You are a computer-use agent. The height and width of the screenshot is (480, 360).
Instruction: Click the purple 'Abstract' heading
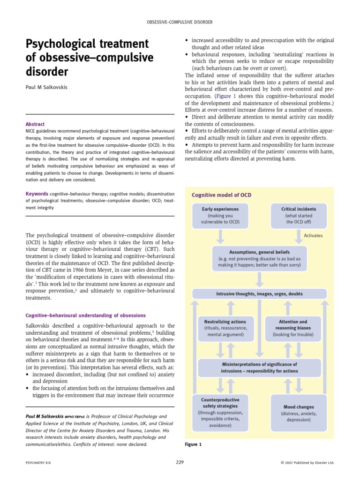pyautogui.click(x=35, y=124)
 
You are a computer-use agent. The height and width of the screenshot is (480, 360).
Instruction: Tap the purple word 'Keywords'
pyautogui.click(x=37, y=194)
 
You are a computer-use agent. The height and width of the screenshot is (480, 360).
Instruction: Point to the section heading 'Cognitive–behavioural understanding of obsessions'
pyautogui.click(x=85, y=315)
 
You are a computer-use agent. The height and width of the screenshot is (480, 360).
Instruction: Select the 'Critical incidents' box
pyautogui.click(x=299, y=215)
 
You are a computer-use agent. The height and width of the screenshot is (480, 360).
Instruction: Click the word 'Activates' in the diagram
pyautogui.click(x=313, y=235)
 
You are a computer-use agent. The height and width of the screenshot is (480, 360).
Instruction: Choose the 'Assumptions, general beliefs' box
pyautogui.click(x=259, y=258)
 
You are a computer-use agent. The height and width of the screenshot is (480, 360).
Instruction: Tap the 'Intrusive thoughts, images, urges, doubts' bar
pyautogui.click(x=259, y=294)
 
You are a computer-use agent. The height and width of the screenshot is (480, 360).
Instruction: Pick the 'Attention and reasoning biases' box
pyautogui.click(x=293, y=328)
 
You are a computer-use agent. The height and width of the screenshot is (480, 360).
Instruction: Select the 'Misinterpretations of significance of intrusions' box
pyautogui.click(x=259, y=367)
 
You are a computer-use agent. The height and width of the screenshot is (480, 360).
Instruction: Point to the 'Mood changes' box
pyautogui.click(x=299, y=413)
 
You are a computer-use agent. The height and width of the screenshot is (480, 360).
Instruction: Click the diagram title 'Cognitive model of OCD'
pyautogui.click(x=215, y=195)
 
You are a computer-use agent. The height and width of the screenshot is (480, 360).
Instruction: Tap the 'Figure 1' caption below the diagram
pyautogui.click(x=193, y=444)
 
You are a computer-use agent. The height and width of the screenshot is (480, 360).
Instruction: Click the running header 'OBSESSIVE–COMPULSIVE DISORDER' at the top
pyautogui.click(x=180, y=22)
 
